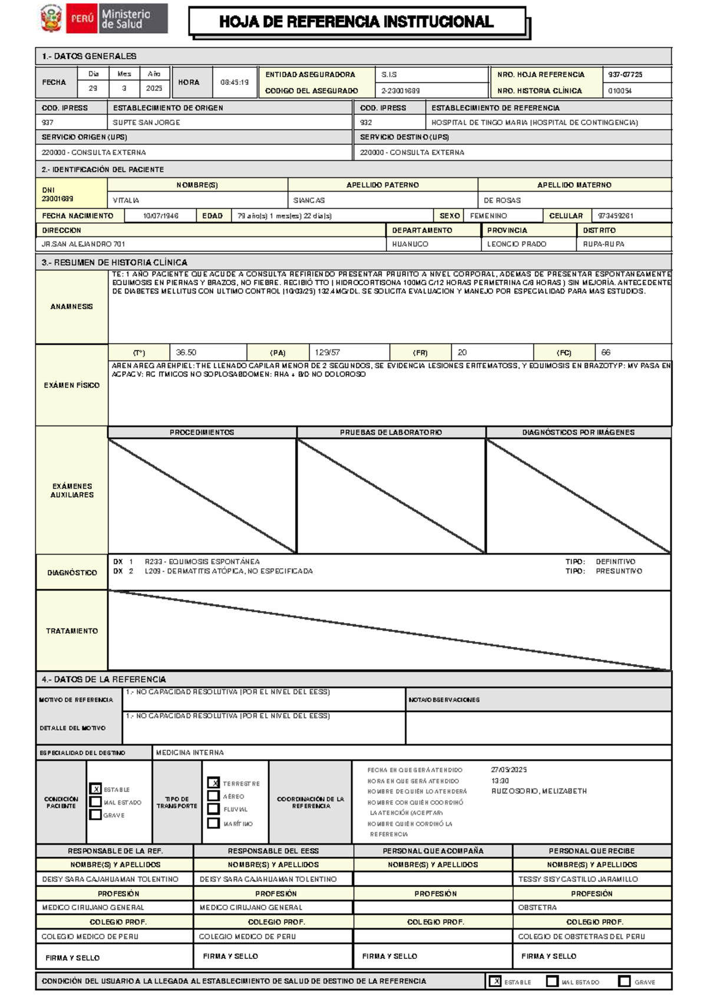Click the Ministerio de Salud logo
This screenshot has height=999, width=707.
[x=104, y=19]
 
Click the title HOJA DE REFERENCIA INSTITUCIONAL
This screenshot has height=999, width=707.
[x=356, y=22]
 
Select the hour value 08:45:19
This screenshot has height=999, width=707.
[x=234, y=83]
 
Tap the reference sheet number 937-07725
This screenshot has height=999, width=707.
[x=625, y=75]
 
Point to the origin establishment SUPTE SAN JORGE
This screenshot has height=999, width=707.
[x=146, y=123]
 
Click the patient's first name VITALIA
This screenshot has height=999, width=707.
[x=126, y=200]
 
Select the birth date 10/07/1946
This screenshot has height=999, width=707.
[x=160, y=216]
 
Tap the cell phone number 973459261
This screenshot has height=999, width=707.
[x=615, y=216]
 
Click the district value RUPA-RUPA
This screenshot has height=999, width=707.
[x=603, y=244]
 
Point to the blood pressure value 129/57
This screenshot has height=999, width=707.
[x=327, y=352]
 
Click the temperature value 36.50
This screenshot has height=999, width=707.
[x=186, y=352]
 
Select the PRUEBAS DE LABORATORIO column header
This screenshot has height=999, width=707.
[x=391, y=432]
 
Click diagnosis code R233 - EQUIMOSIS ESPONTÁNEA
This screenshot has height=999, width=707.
[x=202, y=562]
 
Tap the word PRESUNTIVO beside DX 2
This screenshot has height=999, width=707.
[x=619, y=571]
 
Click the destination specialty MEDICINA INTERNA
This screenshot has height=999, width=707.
[x=190, y=753]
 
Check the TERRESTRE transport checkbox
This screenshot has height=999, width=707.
[x=214, y=783]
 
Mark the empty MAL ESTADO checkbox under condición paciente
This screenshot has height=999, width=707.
[x=95, y=802]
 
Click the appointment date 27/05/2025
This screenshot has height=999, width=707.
[x=508, y=770]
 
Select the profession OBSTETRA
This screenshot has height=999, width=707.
[x=537, y=908]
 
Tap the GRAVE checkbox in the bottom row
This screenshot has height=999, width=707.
[x=625, y=981]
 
